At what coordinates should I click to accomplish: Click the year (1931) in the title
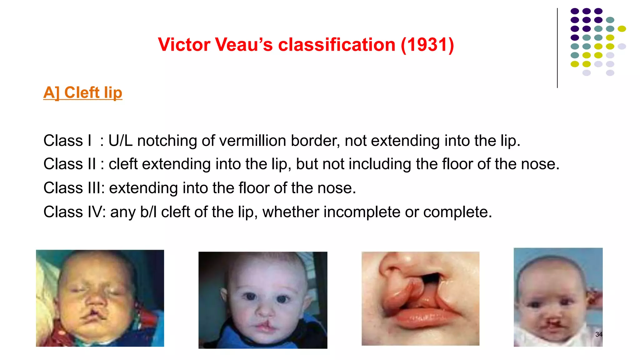pyautogui.click(x=427, y=45)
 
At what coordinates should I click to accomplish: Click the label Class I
pyautogui.click(x=67, y=141)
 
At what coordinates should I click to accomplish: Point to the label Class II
pyautogui.click(x=70, y=164)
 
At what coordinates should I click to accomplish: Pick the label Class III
pyautogui.click(x=73, y=188)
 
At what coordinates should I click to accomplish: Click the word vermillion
pyautogui.click(x=252, y=141)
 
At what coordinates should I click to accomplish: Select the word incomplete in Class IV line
pyautogui.click(x=362, y=212)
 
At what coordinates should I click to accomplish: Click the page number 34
pyautogui.click(x=599, y=334)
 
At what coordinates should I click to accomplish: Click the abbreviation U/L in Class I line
pyautogui.click(x=120, y=141)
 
